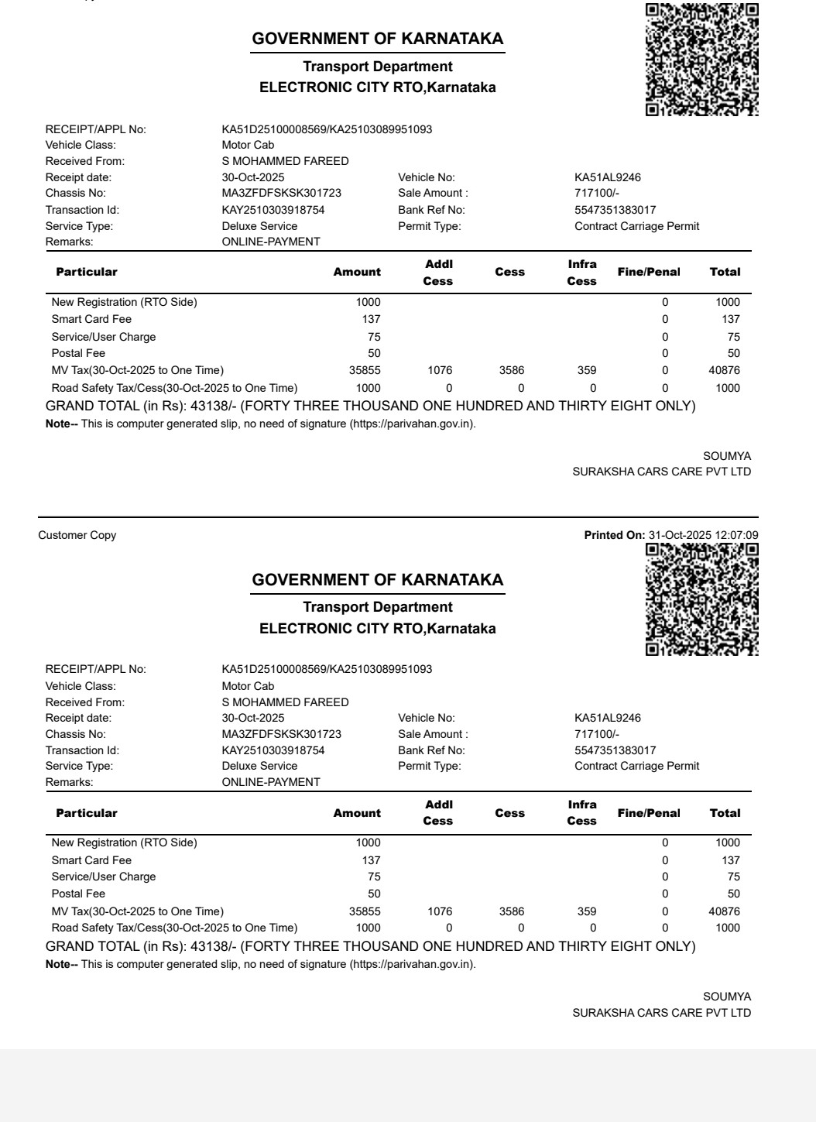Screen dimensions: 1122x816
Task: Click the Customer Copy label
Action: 77,535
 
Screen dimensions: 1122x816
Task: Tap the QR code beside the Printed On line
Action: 701,599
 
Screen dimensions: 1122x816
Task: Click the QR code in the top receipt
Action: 701,60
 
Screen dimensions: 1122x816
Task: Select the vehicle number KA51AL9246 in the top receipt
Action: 608,177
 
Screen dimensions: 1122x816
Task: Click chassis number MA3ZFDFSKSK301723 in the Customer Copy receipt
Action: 281,734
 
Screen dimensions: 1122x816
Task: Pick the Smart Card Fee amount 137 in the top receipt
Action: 371,319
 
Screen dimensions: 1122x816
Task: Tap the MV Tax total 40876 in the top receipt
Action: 724,370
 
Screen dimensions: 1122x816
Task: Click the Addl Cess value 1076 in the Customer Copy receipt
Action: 440,911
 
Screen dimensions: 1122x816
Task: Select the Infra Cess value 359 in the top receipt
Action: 587,370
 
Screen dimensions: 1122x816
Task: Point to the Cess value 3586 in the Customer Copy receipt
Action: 512,911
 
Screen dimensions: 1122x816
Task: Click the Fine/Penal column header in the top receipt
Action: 649,272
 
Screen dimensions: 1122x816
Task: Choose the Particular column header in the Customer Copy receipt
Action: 87,813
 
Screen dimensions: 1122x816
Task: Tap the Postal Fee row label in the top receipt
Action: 78,353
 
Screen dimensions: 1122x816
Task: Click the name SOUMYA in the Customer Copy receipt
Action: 727,997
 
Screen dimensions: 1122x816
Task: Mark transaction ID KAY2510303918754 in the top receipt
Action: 273,210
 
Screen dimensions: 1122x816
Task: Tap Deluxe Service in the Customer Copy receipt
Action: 259,766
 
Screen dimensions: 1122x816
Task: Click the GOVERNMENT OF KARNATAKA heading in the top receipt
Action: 378,39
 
